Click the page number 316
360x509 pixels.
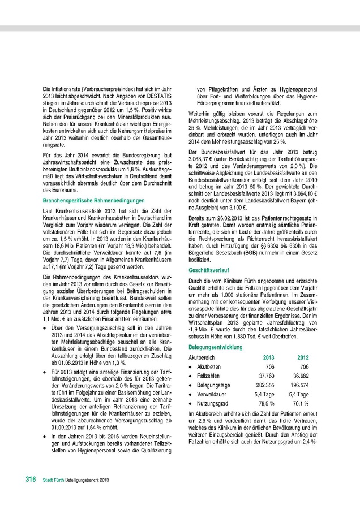coord(32,479)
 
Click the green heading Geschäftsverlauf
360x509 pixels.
coord(207,271)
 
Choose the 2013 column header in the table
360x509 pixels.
coord(269,357)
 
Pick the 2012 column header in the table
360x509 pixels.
coord(303,357)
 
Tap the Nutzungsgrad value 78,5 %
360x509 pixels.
coord(267,403)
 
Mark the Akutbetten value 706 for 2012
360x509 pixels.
coord(305,366)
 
